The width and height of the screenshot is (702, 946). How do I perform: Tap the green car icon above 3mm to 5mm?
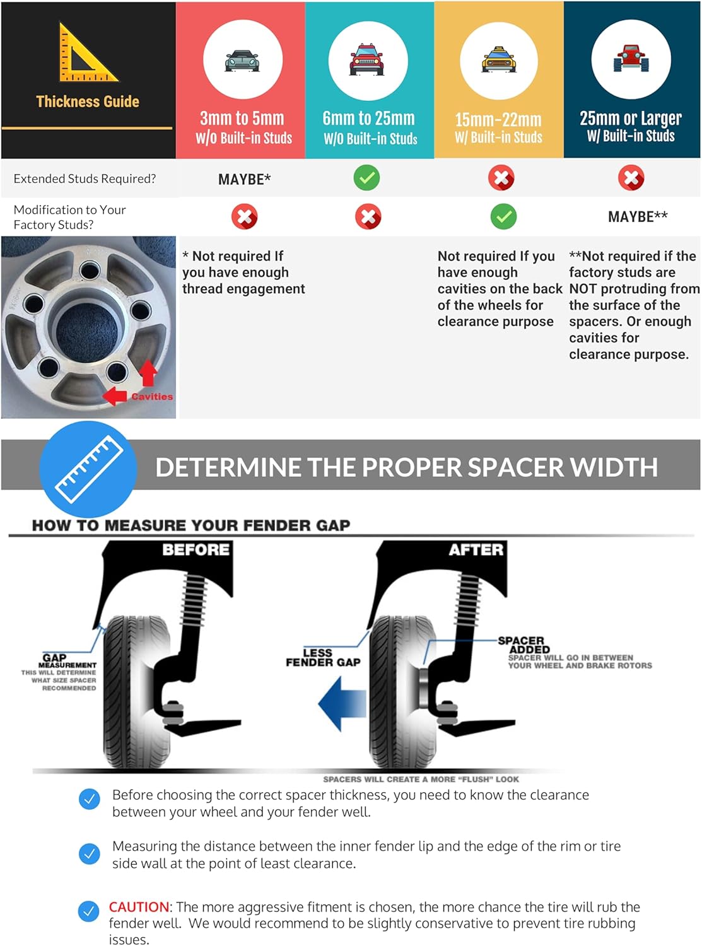pos(242,61)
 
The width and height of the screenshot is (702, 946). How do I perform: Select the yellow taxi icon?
pos(498,61)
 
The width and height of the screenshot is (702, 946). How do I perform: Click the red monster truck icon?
pos(631,59)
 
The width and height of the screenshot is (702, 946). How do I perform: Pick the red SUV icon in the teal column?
pos(368,61)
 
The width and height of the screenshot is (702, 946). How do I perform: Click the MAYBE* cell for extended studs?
pos(244,179)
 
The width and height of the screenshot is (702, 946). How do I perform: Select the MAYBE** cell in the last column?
pos(638,217)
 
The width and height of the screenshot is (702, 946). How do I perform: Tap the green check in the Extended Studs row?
pos(366,178)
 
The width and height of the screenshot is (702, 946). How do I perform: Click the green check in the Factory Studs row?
pos(503,217)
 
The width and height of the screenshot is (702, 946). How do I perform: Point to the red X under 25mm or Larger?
pos(631,178)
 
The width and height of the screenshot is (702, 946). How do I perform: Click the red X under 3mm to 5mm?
pos(244,217)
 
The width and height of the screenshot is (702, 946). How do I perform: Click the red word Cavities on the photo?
pos(152,397)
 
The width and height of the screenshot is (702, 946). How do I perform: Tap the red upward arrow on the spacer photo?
pos(148,373)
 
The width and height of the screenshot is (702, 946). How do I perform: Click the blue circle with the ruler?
pos(88,468)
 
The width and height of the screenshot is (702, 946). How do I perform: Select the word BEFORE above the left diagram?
pos(196,550)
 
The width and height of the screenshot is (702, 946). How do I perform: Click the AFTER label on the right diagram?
pos(476,550)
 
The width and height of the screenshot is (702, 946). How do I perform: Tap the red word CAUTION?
pos(139,907)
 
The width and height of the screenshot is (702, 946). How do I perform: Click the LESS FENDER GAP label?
pos(322,658)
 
